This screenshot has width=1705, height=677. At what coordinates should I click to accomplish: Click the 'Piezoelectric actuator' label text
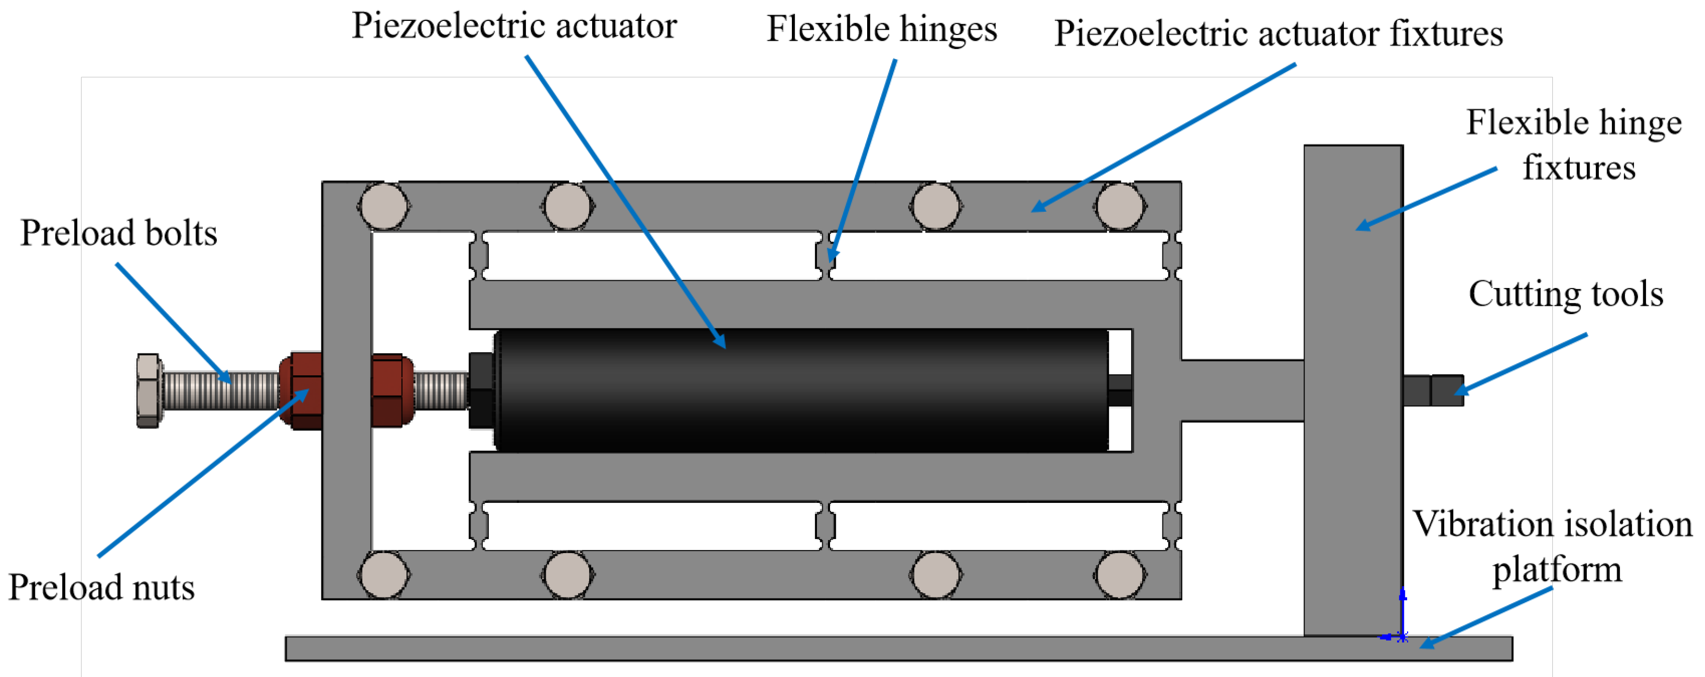514,27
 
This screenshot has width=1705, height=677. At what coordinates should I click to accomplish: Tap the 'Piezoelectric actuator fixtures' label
1277,34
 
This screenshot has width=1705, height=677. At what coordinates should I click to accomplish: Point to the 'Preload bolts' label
119,233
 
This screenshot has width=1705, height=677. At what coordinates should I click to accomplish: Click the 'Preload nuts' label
101,588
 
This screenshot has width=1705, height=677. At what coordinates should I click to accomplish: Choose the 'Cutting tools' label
1565,294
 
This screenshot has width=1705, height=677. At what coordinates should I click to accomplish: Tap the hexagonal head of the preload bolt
149,391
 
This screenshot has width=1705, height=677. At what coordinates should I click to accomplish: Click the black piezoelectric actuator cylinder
801,391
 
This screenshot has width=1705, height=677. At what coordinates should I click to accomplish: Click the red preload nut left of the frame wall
302,391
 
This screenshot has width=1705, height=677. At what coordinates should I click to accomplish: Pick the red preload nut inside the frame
392,391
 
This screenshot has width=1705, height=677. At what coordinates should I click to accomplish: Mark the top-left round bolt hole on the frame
383,206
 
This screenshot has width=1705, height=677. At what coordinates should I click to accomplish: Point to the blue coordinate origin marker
1402,637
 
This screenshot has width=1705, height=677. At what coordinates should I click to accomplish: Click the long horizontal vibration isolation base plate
794,649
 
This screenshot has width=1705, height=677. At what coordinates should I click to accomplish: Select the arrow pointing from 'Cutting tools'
1522,364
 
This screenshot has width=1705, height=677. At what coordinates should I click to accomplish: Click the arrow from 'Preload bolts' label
174,323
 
